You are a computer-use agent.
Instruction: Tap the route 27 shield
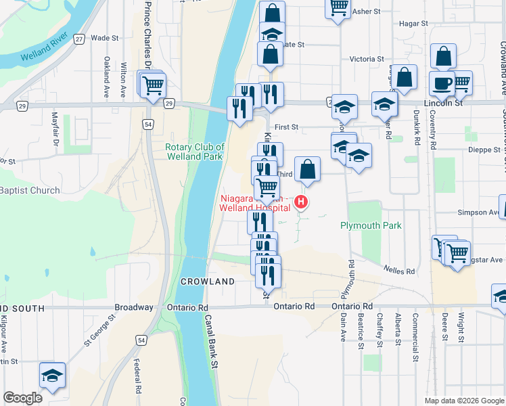point(79,39)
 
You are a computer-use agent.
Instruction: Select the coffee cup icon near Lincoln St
point(442,83)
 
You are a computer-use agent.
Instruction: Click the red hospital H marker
point(301,202)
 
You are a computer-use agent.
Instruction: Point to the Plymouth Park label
point(371,225)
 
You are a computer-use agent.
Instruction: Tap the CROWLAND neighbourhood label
point(206,281)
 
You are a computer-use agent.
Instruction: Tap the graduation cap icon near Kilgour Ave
point(52,375)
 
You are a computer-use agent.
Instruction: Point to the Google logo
point(22,398)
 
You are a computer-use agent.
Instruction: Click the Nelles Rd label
point(401,271)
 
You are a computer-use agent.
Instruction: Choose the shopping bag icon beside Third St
point(307,170)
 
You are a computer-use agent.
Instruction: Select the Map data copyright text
point(463,401)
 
